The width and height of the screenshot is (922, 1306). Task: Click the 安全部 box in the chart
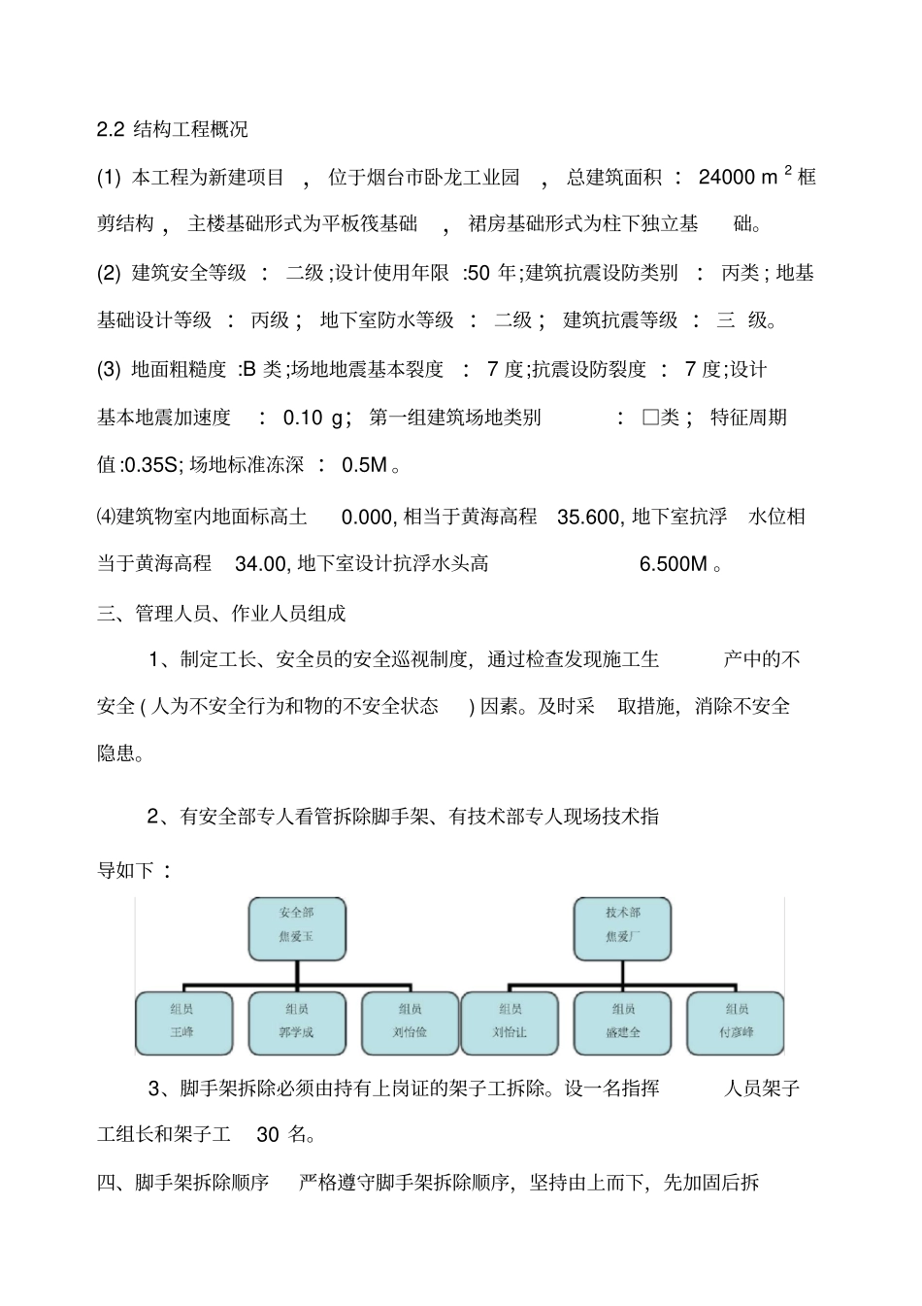coord(297,925)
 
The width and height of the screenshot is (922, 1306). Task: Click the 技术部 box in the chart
coord(623,925)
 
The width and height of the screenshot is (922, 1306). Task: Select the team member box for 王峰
coord(183,1021)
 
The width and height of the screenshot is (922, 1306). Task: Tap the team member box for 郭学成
coord(297,1021)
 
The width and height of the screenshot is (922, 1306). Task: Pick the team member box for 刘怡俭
coord(410,1021)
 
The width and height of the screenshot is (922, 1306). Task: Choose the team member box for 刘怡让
coord(510,1021)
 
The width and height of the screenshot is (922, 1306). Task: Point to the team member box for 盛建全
coord(623,1021)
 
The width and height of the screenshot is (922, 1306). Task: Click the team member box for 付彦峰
coord(736,1021)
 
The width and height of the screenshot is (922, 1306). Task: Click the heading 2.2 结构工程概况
coord(173,129)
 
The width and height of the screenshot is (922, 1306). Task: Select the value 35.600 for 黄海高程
coord(588,518)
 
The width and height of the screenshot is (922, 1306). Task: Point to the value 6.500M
coord(674,564)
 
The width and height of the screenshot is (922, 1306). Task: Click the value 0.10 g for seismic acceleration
coord(316,419)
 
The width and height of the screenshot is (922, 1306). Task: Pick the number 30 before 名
coord(268,1134)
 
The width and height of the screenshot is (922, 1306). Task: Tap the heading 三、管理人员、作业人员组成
coord(221,614)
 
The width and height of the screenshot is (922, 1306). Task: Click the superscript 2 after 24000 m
coord(788,171)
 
